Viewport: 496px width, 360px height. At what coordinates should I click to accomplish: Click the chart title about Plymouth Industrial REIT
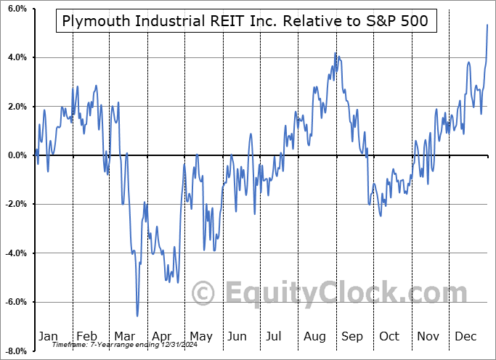245,21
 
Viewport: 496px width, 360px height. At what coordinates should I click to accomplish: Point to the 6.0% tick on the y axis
17,9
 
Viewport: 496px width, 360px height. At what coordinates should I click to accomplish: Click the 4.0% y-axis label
17,57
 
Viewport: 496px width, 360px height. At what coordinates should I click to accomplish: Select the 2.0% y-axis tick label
17,107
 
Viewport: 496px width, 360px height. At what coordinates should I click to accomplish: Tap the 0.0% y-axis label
17,155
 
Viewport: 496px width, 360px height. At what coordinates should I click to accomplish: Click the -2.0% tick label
15,204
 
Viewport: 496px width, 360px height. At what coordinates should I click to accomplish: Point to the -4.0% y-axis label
15,253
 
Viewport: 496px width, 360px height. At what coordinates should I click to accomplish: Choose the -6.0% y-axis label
15,302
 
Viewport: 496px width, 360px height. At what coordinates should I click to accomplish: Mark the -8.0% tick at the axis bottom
15,351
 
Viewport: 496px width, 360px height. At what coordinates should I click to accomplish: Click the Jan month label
47,336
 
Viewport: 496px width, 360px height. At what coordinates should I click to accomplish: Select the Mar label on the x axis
124,336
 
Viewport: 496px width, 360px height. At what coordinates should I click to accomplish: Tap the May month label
201,336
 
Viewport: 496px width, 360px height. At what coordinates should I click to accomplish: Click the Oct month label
389,336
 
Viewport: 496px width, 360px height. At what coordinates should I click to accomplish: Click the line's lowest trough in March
137,316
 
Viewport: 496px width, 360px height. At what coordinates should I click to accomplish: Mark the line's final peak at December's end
487,25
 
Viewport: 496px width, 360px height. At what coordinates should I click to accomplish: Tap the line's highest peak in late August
335,53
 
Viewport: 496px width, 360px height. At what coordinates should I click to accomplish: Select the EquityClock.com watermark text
330,293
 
